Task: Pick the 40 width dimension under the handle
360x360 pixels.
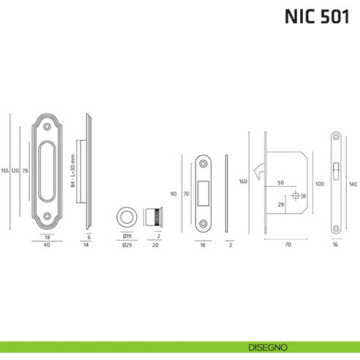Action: [x=46, y=246]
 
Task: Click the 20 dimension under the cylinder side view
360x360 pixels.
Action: [x=154, y=246]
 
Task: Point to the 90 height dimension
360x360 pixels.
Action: [x=173, y=194]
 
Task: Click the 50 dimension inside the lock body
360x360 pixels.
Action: [x=280, y=183]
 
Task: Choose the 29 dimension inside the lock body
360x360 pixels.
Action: [x=280, y=204]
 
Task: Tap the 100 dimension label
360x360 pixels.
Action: [x=319, y=184]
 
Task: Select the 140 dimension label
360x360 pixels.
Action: [x=353, y=184]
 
